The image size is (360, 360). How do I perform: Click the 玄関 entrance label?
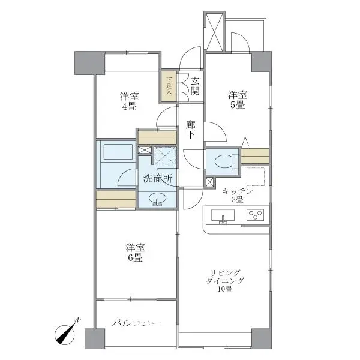pyautogui.click(x=195, y=86)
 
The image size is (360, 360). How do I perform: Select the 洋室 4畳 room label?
pyautogui.click(x=128, y=101)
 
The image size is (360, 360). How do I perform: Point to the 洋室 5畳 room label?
pyautogui.click(x=236, y=100)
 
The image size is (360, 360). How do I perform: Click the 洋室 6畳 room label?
pyautogui.click(x=134, y=252)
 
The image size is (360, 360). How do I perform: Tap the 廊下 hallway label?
pyautogui.click(x=190, y=131)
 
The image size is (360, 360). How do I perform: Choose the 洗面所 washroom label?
pyautogui.click(x=158, y=178)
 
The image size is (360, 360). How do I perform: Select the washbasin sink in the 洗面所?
pyautogui.click(x=158, y=199)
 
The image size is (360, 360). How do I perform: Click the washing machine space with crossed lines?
pyautogui.click(x=163, y=155)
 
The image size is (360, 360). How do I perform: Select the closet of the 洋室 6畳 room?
pyautogui.click(x=116, y=199)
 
